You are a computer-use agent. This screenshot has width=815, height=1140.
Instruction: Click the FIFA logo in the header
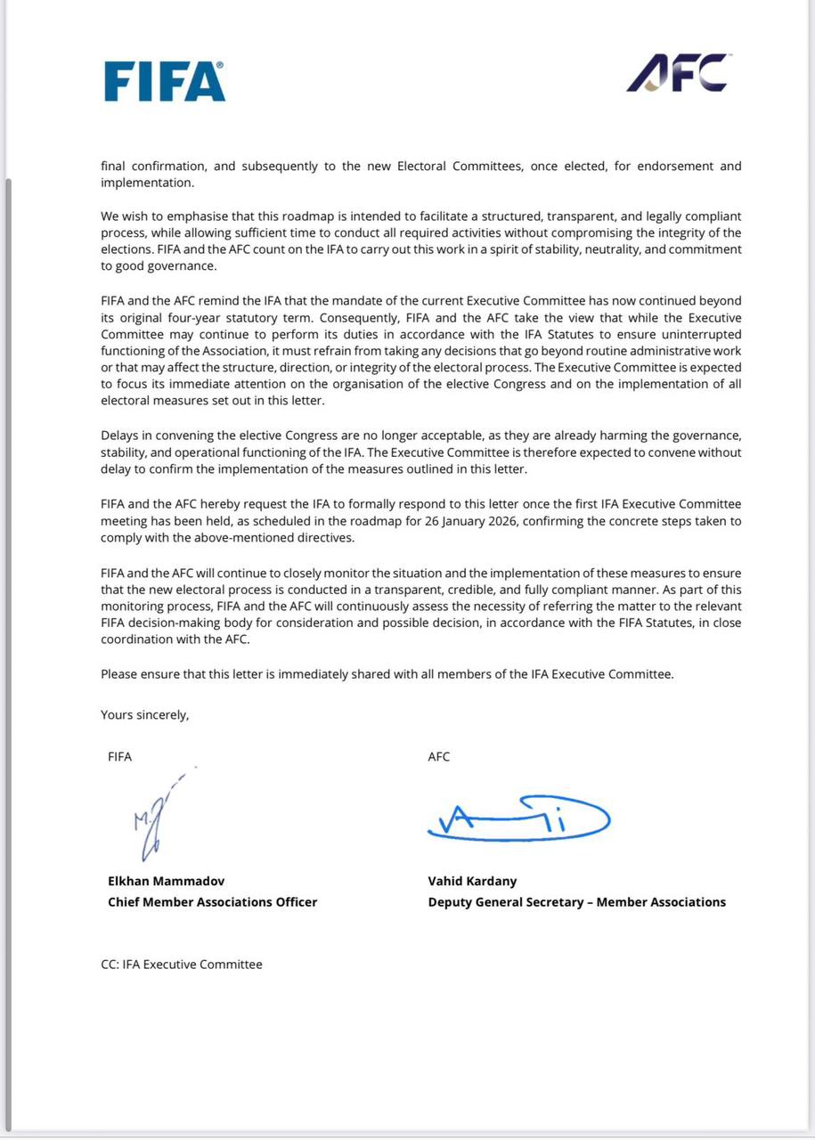point(165,81)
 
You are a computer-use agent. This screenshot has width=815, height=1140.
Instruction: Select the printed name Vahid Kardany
point(472,881)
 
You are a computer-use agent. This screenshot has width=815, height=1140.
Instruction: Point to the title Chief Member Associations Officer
point(212,902)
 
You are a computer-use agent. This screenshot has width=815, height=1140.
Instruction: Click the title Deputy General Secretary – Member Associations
point(576,902)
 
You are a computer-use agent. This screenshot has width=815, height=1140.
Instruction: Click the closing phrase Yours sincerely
point(144,714)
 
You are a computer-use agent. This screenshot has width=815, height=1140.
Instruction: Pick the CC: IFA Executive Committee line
point(182,964)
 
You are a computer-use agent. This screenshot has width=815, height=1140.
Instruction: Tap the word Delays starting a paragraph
point(120,436)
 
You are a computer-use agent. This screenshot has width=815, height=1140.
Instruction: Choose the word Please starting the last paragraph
point(119,674)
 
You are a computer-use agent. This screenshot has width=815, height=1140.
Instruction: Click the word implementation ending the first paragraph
point(146,183)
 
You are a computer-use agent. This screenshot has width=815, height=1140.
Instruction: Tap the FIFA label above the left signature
point(119,757)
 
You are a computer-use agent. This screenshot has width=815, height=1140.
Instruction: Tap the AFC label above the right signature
point(439,757)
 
